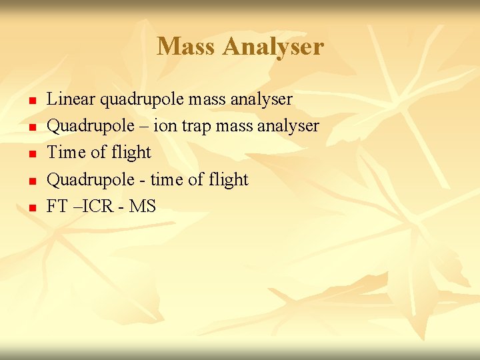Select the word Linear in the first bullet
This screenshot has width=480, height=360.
coord(71,99)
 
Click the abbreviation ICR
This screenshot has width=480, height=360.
coord(99,207)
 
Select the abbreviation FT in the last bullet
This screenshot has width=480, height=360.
coord(57,207)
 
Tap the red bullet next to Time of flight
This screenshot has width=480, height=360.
coord(31,155)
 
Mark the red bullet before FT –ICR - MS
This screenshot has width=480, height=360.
coord(31,209)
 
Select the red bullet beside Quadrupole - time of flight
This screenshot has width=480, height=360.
coord(31,181)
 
